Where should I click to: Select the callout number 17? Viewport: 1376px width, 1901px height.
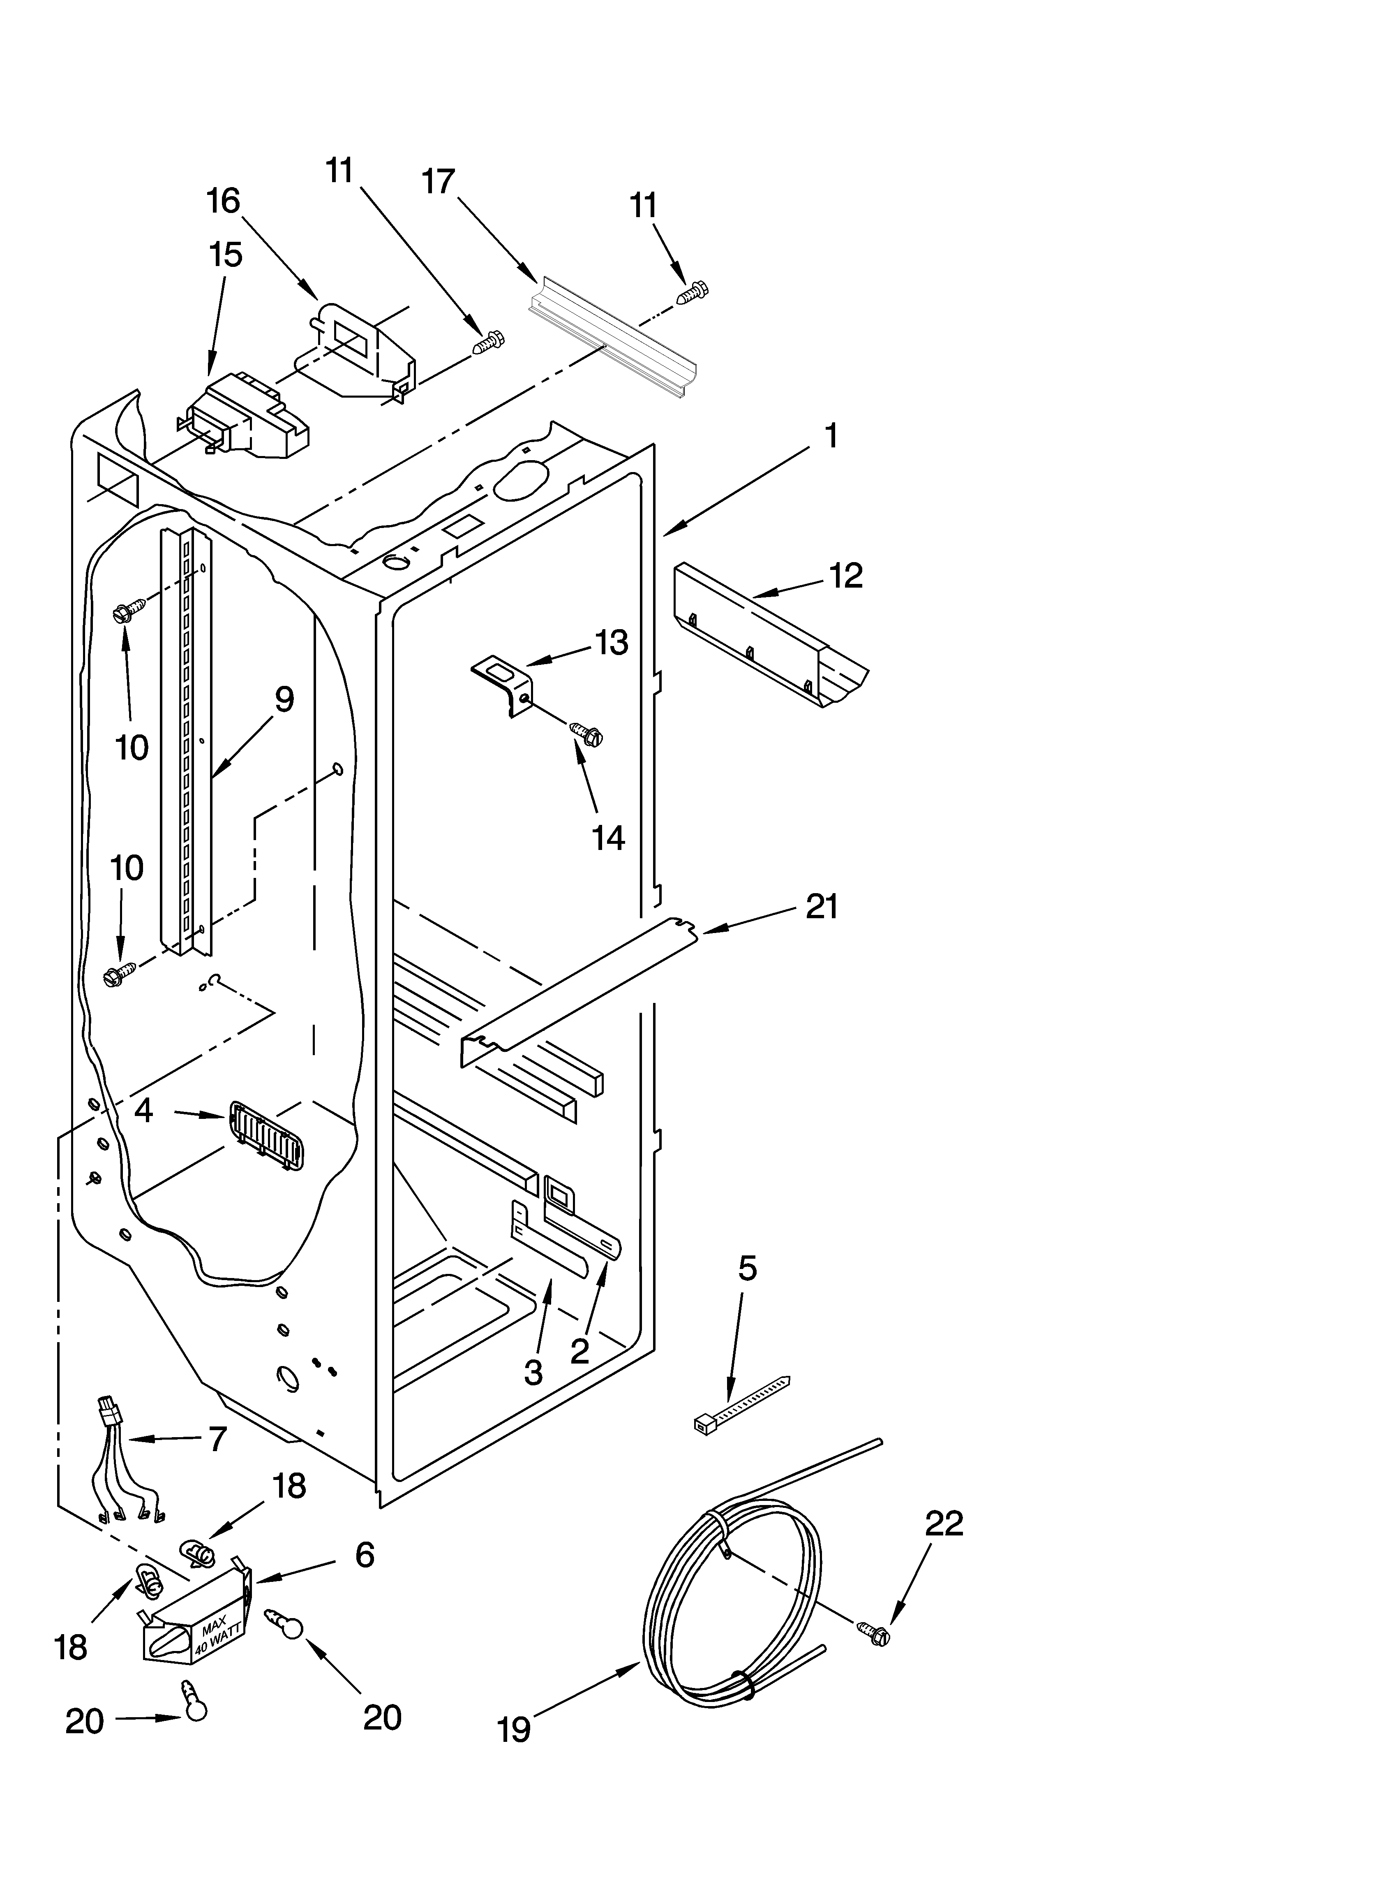coord(438,182)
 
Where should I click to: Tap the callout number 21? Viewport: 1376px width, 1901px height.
coord(821,907)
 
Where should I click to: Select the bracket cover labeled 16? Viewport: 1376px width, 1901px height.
coord(356,348)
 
